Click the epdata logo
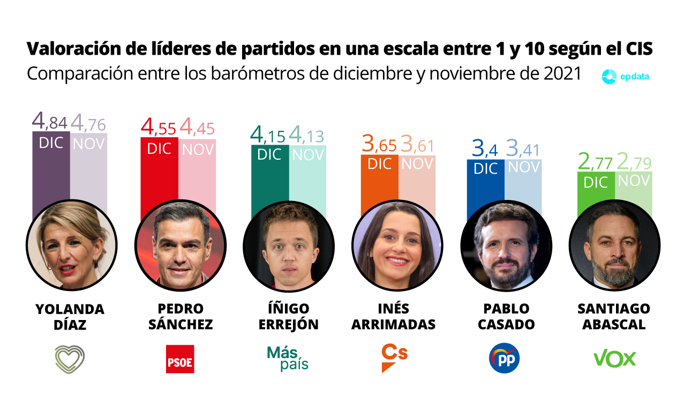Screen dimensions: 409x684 click(x=626, y=77)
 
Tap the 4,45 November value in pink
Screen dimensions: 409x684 click(x=197, y=128)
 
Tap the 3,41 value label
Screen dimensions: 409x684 click(x=523, y=149)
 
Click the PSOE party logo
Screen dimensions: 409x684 click(x=180, y=359)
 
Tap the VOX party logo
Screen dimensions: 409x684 click(x=614, y=359)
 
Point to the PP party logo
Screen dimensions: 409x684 click(x=504, y=358)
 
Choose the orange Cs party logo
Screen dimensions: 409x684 click(x=394, y=358)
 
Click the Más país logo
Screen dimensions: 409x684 click(x=288, y=358)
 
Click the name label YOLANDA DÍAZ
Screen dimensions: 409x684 click(x=70, y=317)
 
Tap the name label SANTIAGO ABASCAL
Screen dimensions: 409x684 click(x=614, y=317)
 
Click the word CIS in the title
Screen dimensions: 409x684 click(x=639, y=49)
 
